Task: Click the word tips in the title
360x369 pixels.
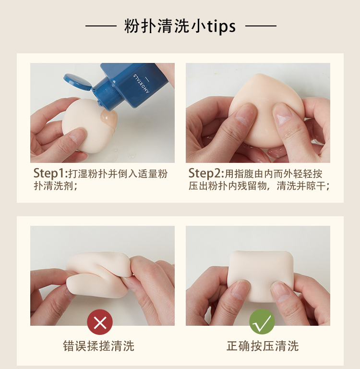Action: tap(221, 26)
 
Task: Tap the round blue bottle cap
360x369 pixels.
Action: tap(77, 82)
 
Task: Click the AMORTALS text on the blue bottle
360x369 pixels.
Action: tap(141, 84)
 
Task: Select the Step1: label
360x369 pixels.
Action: tap(50, 173)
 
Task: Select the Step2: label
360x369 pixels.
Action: tap(206, 173)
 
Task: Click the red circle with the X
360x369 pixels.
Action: tap(100, 322)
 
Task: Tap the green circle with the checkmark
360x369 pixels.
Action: tap(262, 322)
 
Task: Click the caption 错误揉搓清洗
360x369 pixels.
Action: tap(98, 346)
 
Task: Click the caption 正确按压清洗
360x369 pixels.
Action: tap(263, 346)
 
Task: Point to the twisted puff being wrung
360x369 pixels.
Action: tap(99, 274)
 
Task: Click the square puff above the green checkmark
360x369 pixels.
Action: tap(261, 275)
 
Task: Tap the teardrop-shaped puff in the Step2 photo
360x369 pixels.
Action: tap(266, 111)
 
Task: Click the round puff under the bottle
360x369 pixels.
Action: tap(88, 125)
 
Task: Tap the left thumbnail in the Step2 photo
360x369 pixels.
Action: tap(244, 115)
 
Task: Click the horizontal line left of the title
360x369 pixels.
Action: tap(101, 26)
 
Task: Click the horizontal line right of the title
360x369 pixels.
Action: tap(261, 26)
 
